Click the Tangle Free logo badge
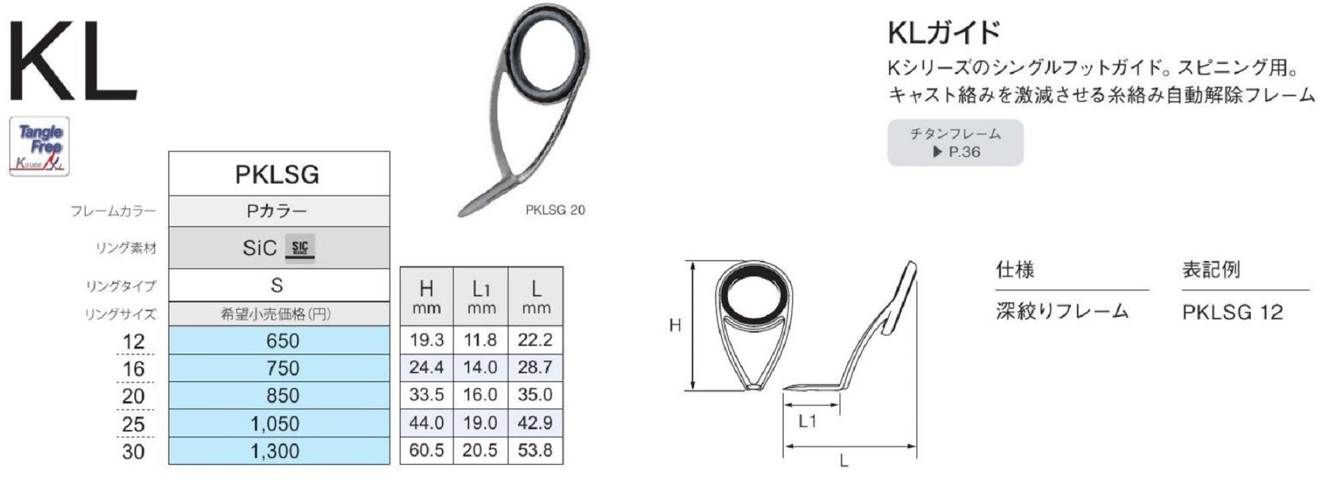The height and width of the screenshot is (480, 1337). tap(39, 146)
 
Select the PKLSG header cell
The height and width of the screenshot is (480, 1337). tap(277, 174)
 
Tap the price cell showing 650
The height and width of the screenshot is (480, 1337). tap(282, 340)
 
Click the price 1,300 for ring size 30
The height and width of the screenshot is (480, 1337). tap(275, 451)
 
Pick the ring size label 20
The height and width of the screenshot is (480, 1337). tap(133, 396)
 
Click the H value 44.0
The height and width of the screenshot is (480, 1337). tap(427, 423)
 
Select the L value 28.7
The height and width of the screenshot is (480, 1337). tap(535, 367)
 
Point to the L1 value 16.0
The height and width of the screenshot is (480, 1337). tap(480, 395)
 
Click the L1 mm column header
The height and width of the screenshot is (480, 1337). tap(481, 296)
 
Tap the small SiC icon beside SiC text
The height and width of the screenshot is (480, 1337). tap(300, 248)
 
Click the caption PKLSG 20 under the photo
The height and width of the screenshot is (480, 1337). tap(555, 210)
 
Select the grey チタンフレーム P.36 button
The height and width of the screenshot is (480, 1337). tap(955, 142)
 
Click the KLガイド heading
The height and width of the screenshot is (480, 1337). tap(944, 32)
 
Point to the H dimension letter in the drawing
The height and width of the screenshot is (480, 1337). tap(675, 326)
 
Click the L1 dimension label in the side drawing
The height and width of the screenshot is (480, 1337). tap(807, 421)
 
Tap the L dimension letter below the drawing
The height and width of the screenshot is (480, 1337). tap(844, 461)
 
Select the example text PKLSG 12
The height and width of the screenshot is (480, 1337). tap(1232, 312)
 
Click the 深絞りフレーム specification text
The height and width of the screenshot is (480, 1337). tap(1062, 311)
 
